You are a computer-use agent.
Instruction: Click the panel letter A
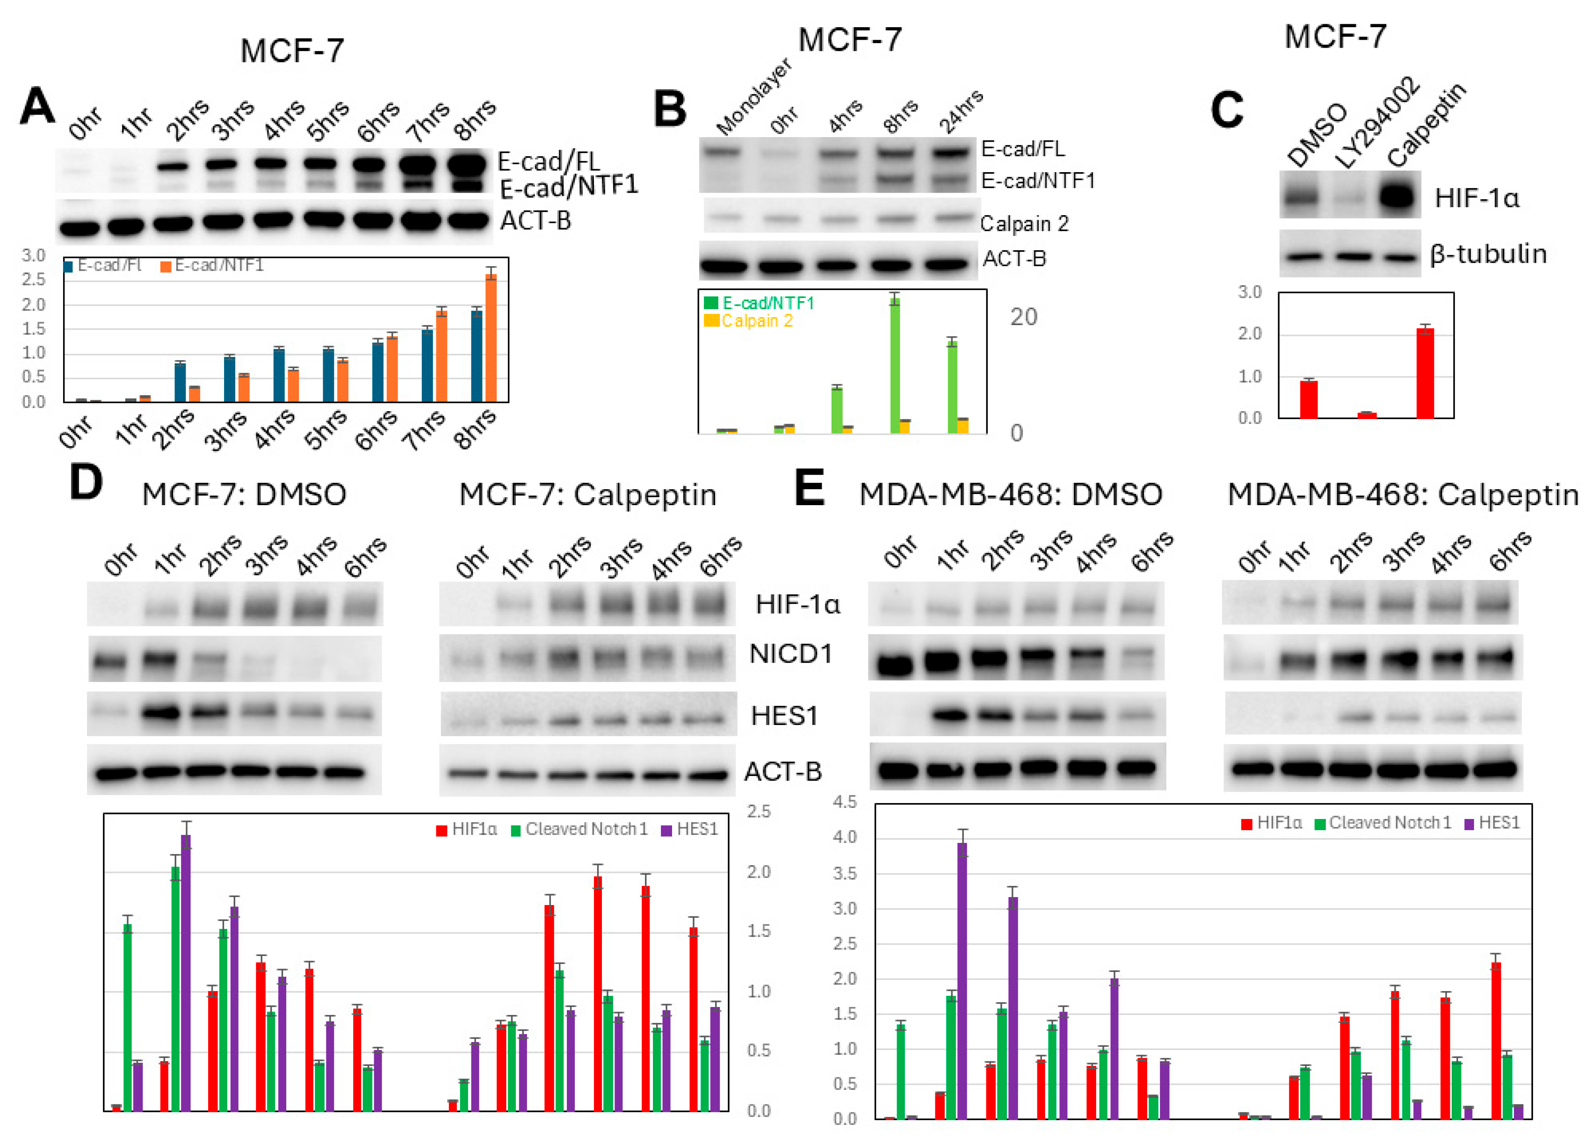point(37,107)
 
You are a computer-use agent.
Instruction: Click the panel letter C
point(1227,110)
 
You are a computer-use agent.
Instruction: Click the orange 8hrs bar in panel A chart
point(492,338)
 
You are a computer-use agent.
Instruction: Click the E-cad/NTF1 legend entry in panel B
point(760,303)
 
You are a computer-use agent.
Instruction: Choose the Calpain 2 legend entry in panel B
point(750,321)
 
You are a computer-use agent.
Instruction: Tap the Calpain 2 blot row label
point(1024,224)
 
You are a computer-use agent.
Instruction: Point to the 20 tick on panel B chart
point(1023,317)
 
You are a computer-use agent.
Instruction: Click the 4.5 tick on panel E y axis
point(845,802)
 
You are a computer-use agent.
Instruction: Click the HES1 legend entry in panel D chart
point(689,829)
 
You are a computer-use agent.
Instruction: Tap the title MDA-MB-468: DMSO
point(1010,495)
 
